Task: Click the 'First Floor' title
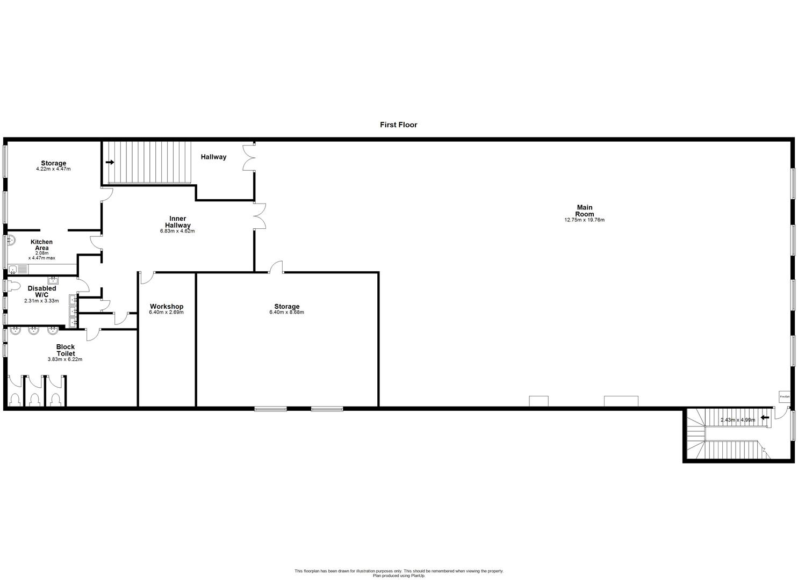pyautogui.click(x=398, y=125)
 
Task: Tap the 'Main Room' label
pyautogui.click(x=584, y=211)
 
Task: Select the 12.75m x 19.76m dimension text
pyautogui.click(x=584, y=220)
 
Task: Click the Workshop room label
pyautogui.click(x=167, y=307)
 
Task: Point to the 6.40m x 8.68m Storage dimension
pyautogui.click(x=286, y=313)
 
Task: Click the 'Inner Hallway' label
pyautogui.click(x=177, y=222)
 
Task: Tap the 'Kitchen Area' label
pyautogui.click(x=41, y=245)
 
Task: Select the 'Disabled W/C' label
pyautogui.click(x=42, y=292)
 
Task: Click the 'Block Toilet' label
pyautogui.click(x=65, y=350)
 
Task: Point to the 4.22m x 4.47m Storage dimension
pyautogui.click(x=53, y=169)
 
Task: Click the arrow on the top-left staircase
pyautogui.click(x=111, y=162)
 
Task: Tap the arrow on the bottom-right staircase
pyautogui.click(x=765, y=417)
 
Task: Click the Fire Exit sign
pyautogui.click(x=785, y=397)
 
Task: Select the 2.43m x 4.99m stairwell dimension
pyautogui.click(x=737, y=420)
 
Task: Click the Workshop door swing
pyautogui.click(x=146, y=278)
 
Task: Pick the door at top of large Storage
pyautogui.click(x=276, y=267)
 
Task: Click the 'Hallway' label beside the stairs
pyautogui.click(x=213, y=157)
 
